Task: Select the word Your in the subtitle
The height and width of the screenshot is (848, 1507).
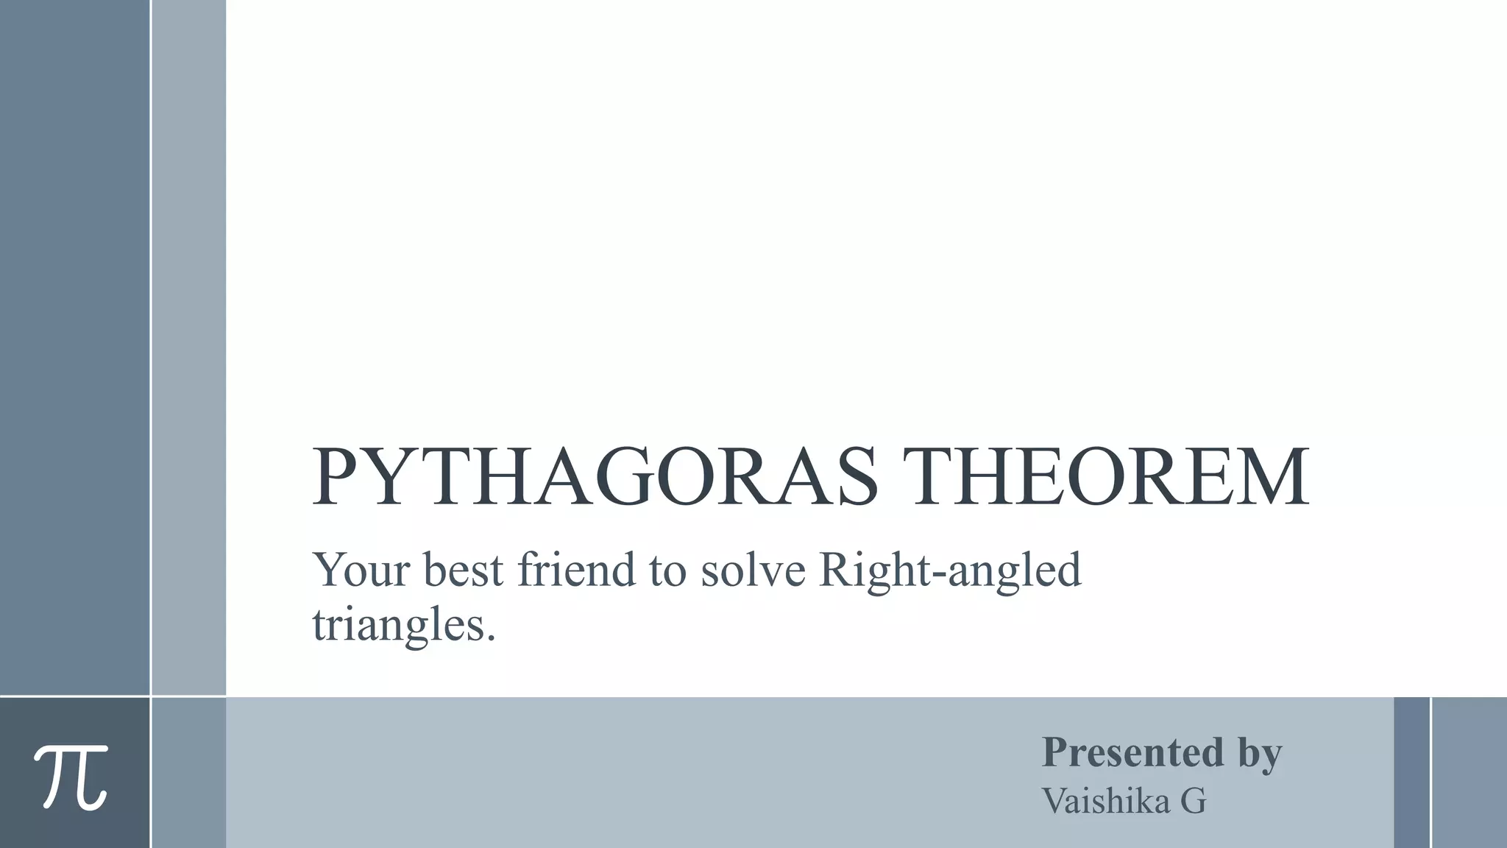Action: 361,570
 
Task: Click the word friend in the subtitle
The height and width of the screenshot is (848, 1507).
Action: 576,570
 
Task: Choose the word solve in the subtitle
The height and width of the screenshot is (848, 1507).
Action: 753,570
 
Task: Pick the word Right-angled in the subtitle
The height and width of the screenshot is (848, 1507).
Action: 950,571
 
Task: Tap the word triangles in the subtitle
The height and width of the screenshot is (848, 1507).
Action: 397,626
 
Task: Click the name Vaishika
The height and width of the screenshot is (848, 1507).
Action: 1105,801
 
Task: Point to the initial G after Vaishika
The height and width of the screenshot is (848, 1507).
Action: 1193,802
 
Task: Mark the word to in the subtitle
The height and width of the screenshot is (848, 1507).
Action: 667,571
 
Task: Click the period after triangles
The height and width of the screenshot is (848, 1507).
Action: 491,637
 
